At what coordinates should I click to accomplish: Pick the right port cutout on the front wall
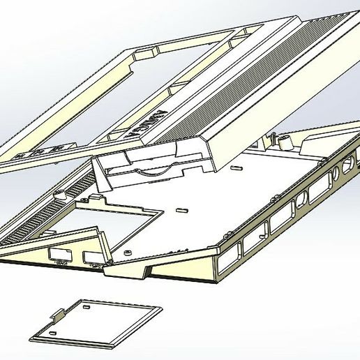click(91, 258)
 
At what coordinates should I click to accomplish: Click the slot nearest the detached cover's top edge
click(84, 304)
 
